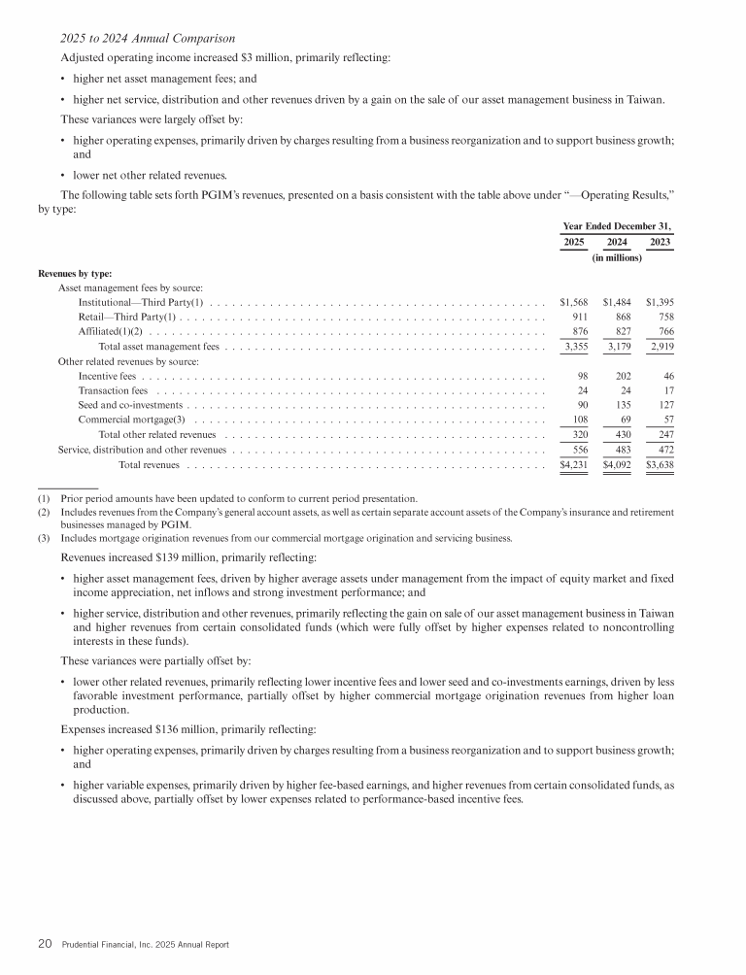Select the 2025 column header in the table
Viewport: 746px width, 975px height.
coord(574,241)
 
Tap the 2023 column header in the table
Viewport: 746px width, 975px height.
coord(661,241)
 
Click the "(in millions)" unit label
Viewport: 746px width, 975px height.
coord(617,258)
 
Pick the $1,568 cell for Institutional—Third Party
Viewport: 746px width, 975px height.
coord(574,305)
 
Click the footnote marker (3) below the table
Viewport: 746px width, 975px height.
coord(44,538)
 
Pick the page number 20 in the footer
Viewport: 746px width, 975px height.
coord(45,943)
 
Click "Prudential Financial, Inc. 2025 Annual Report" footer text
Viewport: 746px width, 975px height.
coord(144,944)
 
